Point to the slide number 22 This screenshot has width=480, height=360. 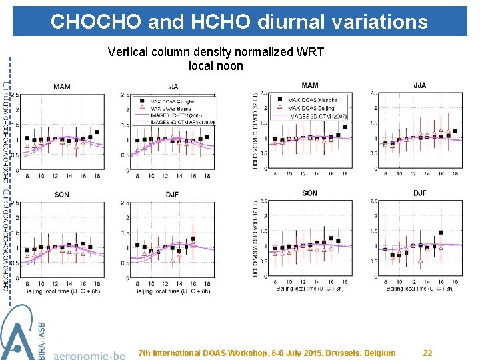pos(429,353)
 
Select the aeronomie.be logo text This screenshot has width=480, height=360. pos(89,354)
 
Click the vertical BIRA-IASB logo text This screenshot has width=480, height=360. pos(42,339)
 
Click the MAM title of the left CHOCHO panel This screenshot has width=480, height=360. pos(62,87)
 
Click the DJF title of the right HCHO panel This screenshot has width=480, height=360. pos(419,193)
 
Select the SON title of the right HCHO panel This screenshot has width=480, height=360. pos(309,193)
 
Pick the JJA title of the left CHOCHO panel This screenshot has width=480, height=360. pos(172,87)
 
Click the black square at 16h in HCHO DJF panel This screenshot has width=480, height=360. pos(441,233)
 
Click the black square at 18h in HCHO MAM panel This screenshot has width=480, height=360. pos(344,126)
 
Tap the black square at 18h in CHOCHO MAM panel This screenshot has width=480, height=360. pos(97,132)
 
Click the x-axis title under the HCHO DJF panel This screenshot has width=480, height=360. pos(419,289)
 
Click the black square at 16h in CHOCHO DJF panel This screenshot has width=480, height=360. pos(193,238)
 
